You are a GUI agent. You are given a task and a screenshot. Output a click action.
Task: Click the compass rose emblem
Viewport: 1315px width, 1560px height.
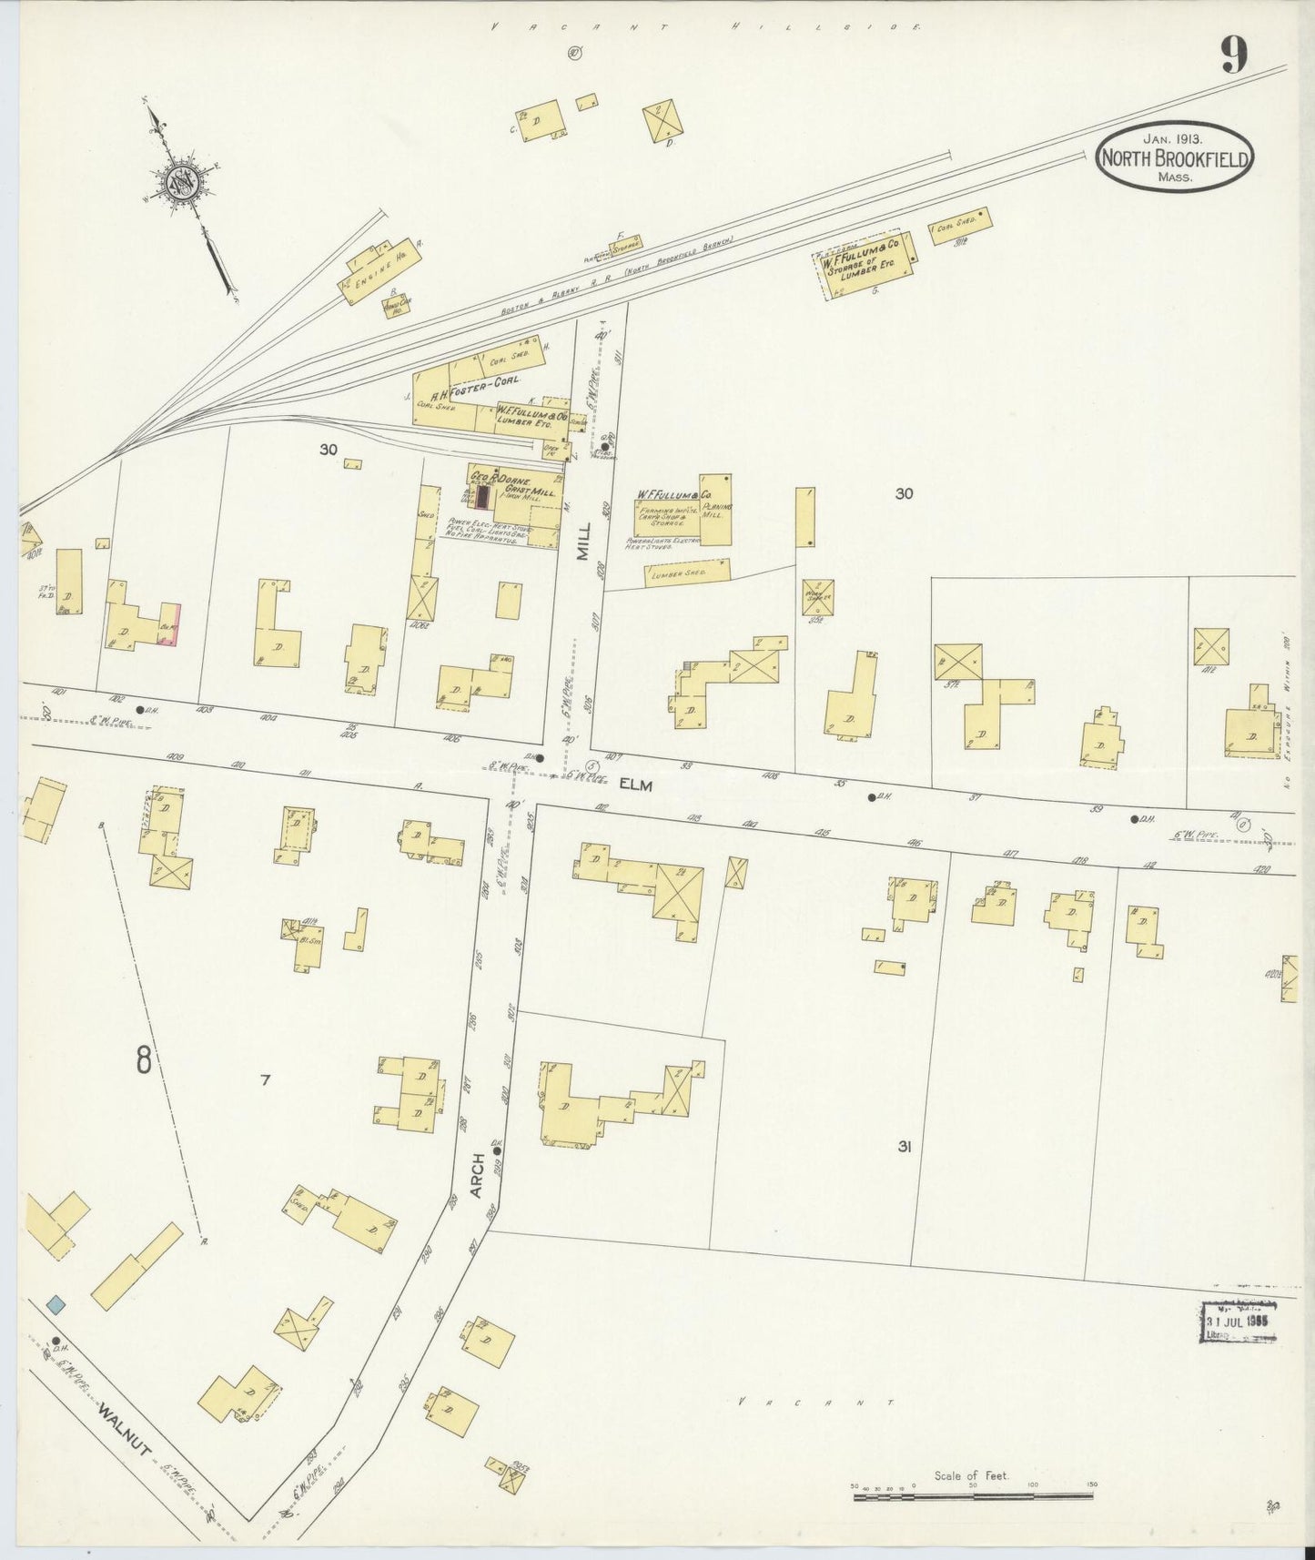point(179,183)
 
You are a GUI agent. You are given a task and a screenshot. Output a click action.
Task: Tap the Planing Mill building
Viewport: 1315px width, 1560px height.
point(715,510)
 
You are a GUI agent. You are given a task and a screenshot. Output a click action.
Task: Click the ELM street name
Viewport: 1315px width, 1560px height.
point(637,784)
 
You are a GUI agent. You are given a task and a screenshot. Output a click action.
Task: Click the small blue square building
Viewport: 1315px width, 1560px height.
point(56,1304)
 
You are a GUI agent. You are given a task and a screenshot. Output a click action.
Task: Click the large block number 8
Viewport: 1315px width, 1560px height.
point(144,1060)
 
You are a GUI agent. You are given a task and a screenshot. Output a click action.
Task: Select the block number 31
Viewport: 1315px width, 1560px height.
point(904,1148)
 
